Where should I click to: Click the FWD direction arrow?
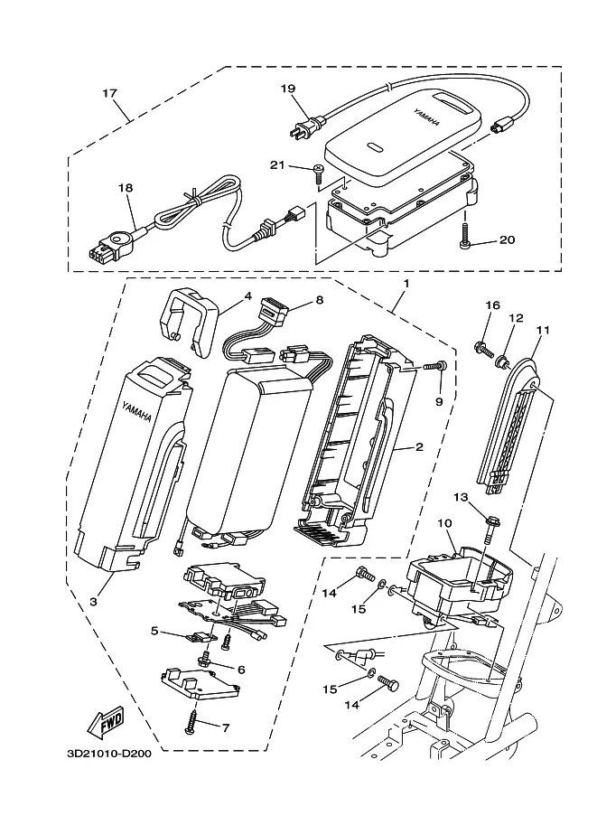pos(107,721)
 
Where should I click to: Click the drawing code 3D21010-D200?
pos(109,754)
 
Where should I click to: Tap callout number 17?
pos(109,93)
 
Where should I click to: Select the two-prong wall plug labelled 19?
pos(303,127)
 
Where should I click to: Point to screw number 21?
pos(318,173)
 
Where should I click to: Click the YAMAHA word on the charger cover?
pos(426,117)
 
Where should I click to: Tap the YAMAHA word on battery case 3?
pos(136,411)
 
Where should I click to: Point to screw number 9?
pos(435,365)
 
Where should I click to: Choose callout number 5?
pos(154,631)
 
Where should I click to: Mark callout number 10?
pos(444,523)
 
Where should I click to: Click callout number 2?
pos(419,447)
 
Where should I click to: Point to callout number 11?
pos(544,330)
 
